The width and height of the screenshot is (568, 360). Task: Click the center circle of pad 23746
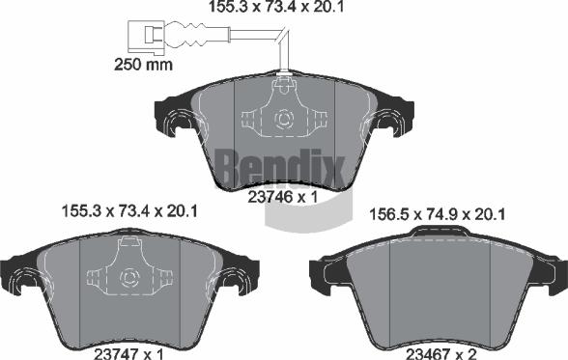(284, 122)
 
